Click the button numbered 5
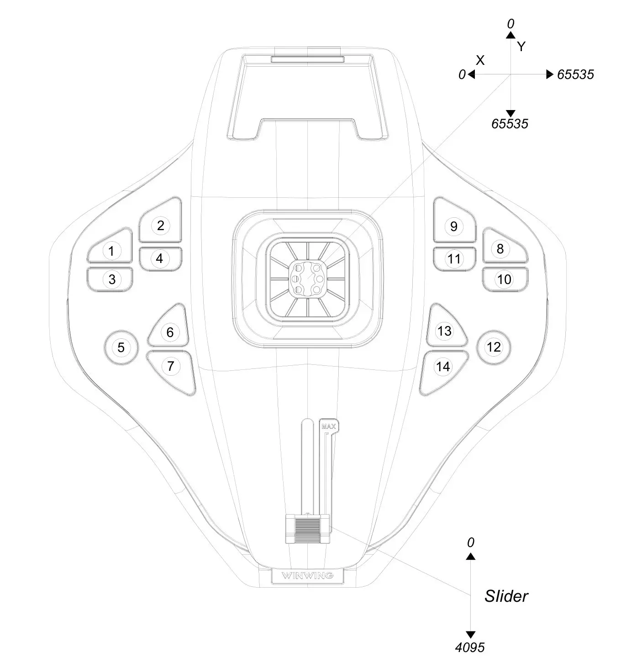pyautogui.click(x=121, y=347)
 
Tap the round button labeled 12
pyautogui.click(x=494, y=347)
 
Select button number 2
pyautogui.click(x=160, y=225)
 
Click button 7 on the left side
pyautogui.click(x=171, y=366)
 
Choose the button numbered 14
pyautogui.click(x=443, y=367)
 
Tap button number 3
pyautogui.click(x=112, y=279)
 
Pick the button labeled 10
pyautogui.click(x=504, y=279)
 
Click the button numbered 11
pyautogui.click(x=454, y=259)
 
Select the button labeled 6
pyautogui.click(x=170, y=332)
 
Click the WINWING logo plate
pyautogui.click(x=307, y=575)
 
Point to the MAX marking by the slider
pyautogui.click(x=329, y=427)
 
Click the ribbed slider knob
pyautogui.click(x=307, y=528)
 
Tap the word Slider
pyautogui.click(x=506, y=596)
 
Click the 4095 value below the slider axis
pyautogui.click(x=470, y=647)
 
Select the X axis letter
pyautogui.click(x=480, y=60)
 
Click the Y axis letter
pyautogui.click(x=521, y=46)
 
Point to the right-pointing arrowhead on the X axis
pyautogui.click(x=550, y=74)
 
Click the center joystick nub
pyautogui.click(x=308, y=279)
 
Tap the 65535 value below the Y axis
pyautogui.click(x=510, y=124)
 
